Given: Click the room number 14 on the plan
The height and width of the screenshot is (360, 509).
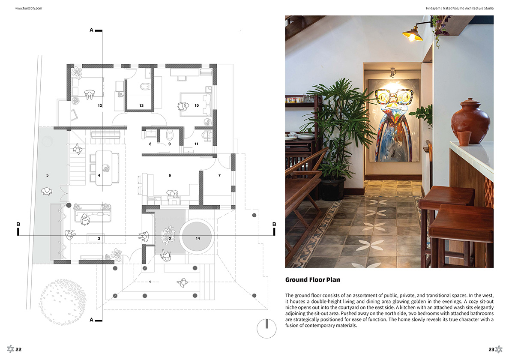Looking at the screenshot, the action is coord(198,238).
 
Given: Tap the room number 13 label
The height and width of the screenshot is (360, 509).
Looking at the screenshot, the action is coord(141,105).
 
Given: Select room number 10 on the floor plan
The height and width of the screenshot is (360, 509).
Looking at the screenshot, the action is coord(197,105).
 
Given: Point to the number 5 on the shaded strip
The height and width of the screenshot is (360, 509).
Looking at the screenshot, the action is coord(48,175).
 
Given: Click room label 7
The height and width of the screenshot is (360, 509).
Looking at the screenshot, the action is coord(219,175).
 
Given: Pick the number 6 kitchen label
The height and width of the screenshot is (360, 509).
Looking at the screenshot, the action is coord(170,175).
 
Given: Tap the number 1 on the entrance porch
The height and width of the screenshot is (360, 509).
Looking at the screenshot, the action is coord(150,282).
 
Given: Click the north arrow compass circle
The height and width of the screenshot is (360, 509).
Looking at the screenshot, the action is coord(266,329).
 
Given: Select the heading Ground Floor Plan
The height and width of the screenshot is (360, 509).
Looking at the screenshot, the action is coord(313,280).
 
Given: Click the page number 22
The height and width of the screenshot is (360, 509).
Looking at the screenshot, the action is coord(18,349).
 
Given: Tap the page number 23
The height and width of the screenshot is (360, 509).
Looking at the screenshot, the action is coord(491,349).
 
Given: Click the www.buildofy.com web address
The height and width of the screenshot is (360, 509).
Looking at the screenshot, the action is coord(29,9).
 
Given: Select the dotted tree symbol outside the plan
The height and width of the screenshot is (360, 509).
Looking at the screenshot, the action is coord(62,302).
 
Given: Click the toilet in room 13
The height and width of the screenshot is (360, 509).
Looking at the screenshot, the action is coord(145,87).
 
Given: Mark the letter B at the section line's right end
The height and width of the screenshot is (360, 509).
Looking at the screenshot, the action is coord(274,224).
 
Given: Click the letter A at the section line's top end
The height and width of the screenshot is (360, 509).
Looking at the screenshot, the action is coord(92,30).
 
